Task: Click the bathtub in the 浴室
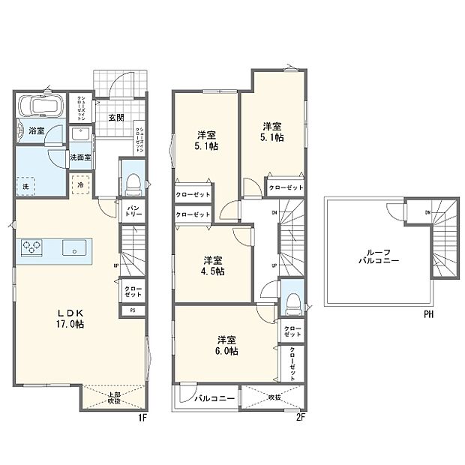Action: [x=40, y=108]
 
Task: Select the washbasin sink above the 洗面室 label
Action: [x=80, y=135]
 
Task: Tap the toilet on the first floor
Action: [x=132, y=182]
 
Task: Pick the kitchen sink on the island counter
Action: [x=73, y=248]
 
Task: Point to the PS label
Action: [x=133, y=310]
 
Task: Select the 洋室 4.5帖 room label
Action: [x=212, y=266]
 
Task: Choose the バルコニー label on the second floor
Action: [x=217, y=397]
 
